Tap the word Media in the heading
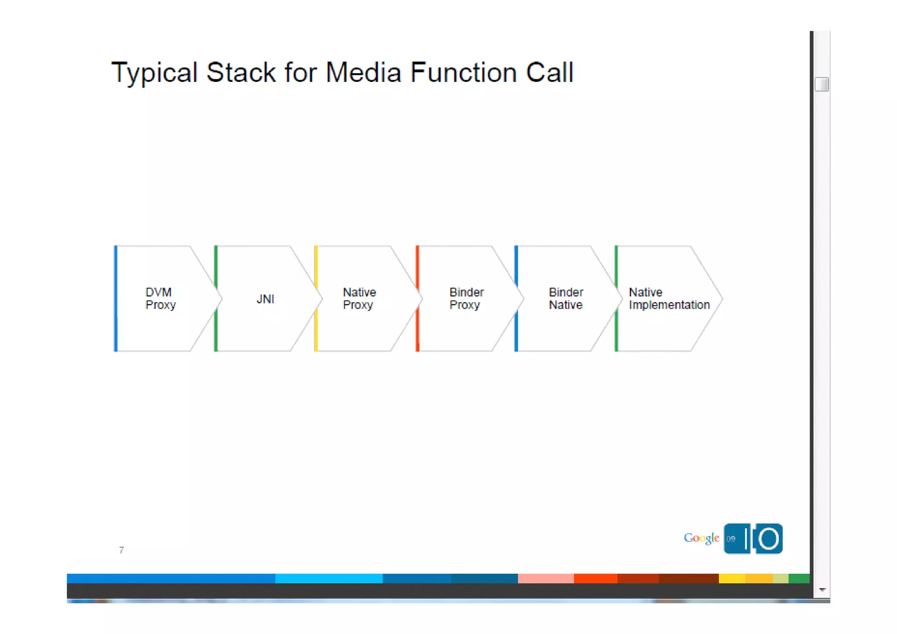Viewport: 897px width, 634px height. (363, 73)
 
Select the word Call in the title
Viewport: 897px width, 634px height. (549, 73)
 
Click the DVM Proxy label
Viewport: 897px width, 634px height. (160, 299)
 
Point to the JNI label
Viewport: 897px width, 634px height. (265, 299)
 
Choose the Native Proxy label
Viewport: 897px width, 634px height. (359, 299)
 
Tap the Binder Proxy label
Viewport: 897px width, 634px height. (466, 299)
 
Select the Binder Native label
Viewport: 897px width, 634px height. (566, 299)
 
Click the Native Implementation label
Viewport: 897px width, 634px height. (669, 299)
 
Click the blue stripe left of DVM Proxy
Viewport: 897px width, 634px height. (116, 299)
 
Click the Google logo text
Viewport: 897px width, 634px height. (701, 538)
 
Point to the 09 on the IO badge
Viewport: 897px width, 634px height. (731, 539)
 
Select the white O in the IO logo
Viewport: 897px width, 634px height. (769, 539)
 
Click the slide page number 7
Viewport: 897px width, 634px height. (121, 550)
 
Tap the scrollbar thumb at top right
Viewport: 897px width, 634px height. (822, 84)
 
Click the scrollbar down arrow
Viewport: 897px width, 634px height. (822, 590)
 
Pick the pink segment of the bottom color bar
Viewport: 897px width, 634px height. (545, 578)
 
